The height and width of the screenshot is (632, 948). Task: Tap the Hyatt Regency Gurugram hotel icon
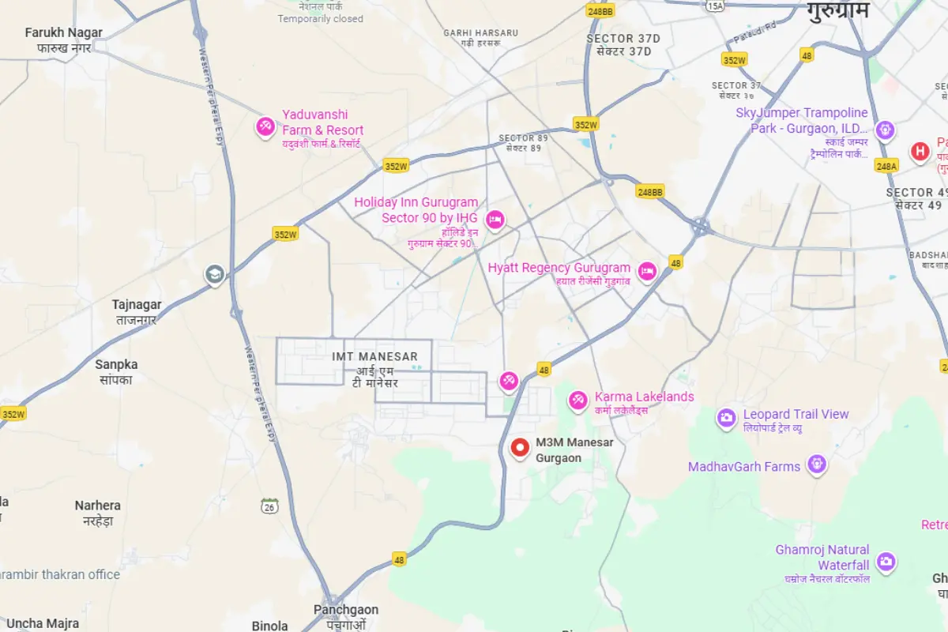pos(647,271)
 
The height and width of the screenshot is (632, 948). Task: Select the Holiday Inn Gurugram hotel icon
pos(495,220)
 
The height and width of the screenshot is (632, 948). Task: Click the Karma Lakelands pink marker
pos(578,401)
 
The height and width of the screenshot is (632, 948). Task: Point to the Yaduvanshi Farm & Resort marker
pos(265,126)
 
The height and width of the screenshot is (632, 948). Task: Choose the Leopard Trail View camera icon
pos(726,418)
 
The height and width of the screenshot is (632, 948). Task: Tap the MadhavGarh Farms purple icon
pos(817,465)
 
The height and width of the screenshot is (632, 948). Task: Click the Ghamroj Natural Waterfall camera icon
pos(886,562)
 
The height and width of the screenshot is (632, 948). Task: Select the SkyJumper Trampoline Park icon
pos(885,129)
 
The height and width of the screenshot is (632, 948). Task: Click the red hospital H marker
pos(920,151)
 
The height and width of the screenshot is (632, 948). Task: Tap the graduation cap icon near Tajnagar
pos(214,275)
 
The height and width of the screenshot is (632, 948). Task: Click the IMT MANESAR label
pos(375,357)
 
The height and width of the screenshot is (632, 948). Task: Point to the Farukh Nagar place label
pos(64,33)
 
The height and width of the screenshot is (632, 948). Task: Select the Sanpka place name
pos(116,365)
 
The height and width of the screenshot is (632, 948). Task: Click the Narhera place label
pos(98,506)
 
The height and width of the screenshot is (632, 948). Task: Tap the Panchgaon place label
pos(346,610)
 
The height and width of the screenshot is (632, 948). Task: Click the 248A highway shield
pos(886,166)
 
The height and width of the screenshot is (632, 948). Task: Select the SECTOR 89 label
pos(523,138)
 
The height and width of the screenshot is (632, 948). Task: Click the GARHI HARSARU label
pos(480,33)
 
